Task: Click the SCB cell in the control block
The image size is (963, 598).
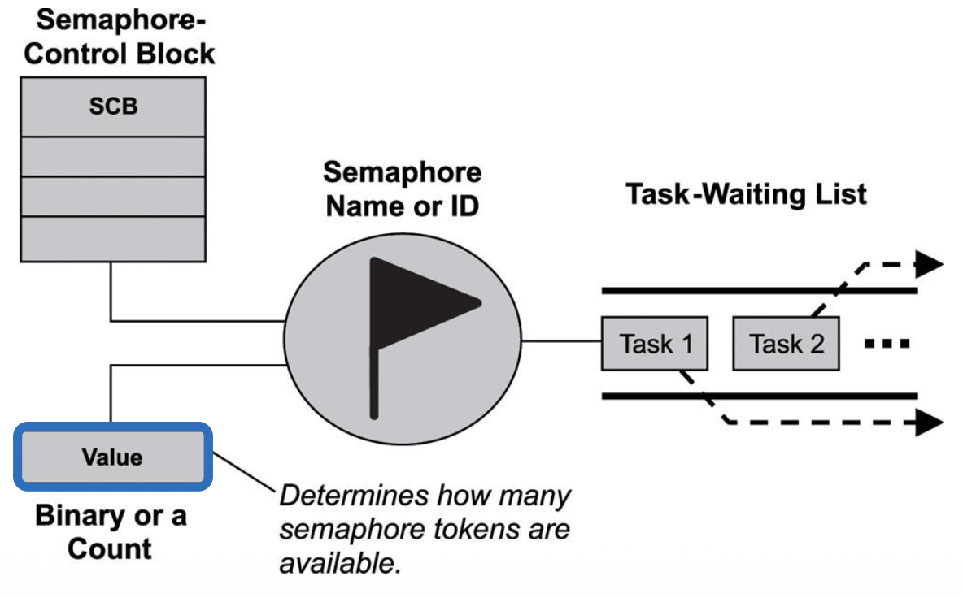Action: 113,106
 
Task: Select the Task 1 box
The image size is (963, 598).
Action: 655,344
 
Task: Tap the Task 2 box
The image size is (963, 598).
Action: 786,344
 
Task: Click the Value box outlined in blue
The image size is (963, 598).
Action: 113,457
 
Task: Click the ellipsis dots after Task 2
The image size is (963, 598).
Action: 887,344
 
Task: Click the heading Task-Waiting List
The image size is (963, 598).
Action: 746,194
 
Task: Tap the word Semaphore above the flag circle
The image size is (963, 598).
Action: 402,172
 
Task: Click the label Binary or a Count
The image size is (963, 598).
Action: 111,532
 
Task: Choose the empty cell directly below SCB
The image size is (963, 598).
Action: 113,156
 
